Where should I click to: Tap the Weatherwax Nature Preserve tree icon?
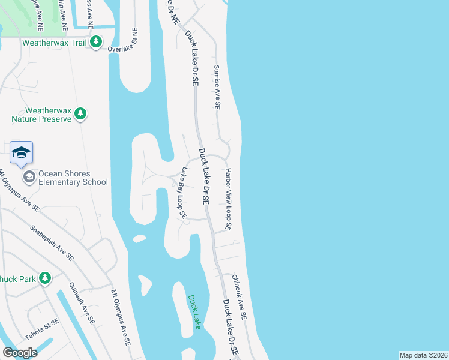click(x=81, y=113)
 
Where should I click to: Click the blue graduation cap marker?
click(x=21, y=154)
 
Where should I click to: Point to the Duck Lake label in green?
click(x=194, y=311)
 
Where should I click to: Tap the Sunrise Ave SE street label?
click(x=217, y=87)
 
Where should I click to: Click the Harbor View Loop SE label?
click(x=228, y=199)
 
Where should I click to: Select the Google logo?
click(x=20, y=353)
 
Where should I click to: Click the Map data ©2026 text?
click(x=423, y=355)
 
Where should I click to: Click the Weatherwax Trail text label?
click(x=55, y=43)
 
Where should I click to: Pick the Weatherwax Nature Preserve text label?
click(x=48, y=115)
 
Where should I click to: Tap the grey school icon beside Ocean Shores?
click(x=29, y=176)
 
